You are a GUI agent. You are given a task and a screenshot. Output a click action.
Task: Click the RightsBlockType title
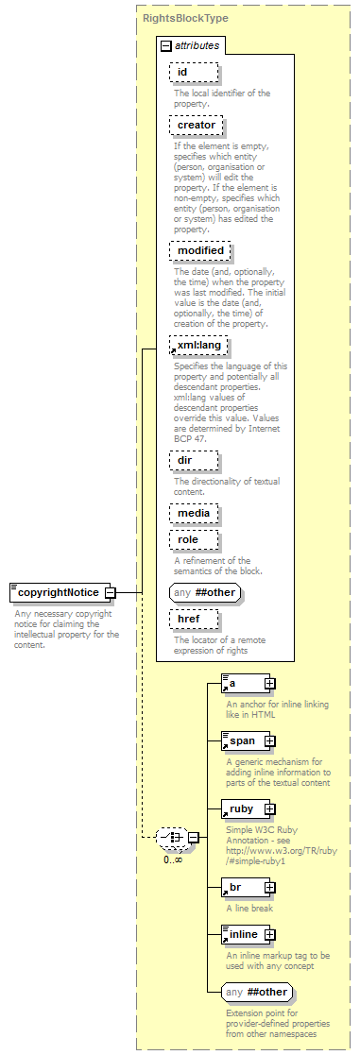[x=185, y=18]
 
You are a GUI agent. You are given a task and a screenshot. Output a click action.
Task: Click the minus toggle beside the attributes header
[x=166, y=44]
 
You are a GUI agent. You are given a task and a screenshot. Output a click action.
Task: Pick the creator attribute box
[x=197, y=125]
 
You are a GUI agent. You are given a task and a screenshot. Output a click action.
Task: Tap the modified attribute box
[x=200, y=250]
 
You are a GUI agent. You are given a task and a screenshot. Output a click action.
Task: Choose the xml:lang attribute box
[x=198, y=346]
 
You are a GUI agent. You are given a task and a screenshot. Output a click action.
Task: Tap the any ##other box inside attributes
[x=204, y=592]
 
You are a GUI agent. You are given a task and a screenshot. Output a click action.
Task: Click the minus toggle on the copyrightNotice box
[x=110, y=592]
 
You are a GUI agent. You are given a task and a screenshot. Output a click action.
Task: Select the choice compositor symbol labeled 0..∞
[x=171, y=837]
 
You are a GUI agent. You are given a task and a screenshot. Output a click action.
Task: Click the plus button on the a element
[x=269, y=682]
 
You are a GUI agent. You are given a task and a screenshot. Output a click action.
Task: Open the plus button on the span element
[x=269, y=740]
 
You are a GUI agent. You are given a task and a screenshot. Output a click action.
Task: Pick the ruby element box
[x=242, y=808]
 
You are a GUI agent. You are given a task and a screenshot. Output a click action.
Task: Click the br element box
[x=242, y=887]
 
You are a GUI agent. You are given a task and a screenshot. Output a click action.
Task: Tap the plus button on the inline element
[x=269, y=935]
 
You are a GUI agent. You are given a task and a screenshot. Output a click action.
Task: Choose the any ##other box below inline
[x=256, y=993]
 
